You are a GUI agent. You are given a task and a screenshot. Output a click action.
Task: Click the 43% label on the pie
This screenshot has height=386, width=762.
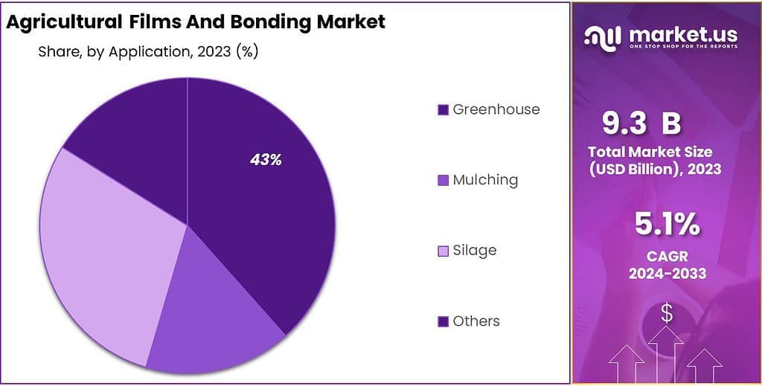click(266, 160)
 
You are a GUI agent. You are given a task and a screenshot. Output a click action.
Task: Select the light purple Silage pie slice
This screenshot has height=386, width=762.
click(104, 253)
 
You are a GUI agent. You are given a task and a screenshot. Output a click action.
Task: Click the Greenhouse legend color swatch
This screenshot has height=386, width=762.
click(443, 110)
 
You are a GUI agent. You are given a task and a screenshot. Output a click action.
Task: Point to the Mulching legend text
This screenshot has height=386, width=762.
click(485, 180)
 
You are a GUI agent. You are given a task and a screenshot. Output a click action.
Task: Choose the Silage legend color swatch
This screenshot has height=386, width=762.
click(443, 251)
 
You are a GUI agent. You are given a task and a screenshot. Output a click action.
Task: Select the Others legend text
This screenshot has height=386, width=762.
click(476, 321)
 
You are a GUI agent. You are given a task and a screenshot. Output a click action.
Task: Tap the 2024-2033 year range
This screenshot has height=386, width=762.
click(667, 274)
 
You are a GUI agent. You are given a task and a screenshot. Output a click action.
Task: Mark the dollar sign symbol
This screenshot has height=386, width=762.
click(667, 315)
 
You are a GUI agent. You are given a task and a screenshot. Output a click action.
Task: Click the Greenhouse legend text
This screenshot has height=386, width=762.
click(496, 109)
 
